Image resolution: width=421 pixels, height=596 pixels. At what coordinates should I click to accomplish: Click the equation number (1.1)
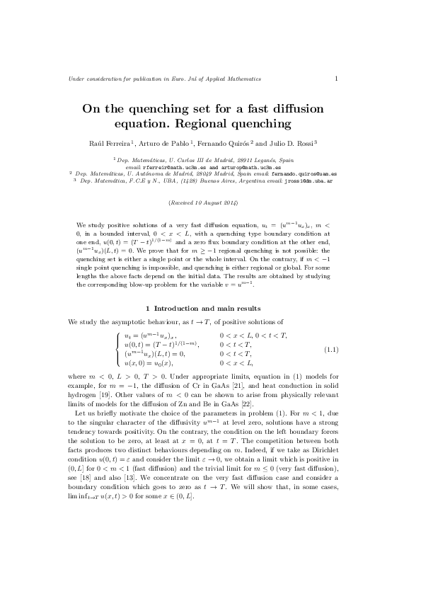click(331, 350)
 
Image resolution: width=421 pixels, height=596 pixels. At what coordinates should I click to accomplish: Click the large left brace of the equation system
click(117, 350)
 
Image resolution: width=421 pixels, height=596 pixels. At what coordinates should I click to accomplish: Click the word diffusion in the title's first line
click(291, 109)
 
